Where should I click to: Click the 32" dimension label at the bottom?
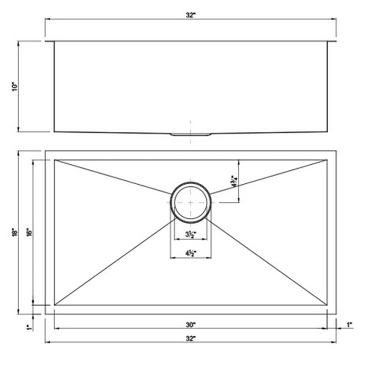coord(191,338)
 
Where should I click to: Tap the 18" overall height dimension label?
coord(15,232)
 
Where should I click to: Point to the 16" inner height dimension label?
coord(28,232)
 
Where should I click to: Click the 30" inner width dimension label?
coord(191,325)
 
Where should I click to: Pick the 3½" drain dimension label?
coord(191,235)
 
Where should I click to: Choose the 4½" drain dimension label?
coord(191,254)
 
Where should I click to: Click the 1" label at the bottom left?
coord(28,327)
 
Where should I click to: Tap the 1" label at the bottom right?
coord(349,325)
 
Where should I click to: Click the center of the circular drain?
coord(191,202)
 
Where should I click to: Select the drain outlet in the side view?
coord(191,134)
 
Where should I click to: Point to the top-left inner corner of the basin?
coord(54,160)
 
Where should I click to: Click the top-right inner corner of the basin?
coord(327,160)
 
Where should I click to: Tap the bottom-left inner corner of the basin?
coord(54,305)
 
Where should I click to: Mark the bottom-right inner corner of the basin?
coord(327,305)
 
